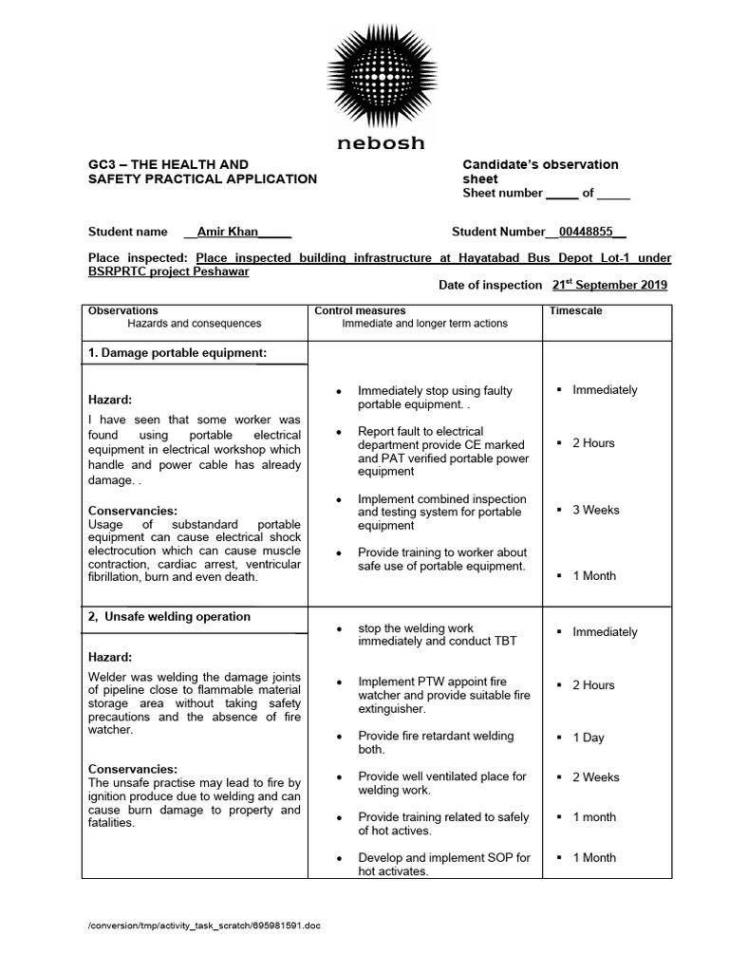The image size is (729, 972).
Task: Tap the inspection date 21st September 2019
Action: [x=609, y=285]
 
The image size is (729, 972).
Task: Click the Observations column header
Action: [x=122, y=310]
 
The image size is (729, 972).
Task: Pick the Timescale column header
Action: [x=575, y=310]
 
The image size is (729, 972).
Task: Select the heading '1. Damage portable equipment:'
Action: [x=177, y=353]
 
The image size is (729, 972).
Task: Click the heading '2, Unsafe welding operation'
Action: [x=169, y=616]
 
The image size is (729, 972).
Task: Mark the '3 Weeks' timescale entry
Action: [x=595, y=510]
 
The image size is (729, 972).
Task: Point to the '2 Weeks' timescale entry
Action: [x=595, y=777]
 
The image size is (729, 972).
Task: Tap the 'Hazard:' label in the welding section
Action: [x=110, y=657]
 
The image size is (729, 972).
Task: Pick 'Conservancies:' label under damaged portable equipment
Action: [x=132, y=511]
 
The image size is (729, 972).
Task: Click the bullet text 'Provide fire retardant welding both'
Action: [x=435, y=742]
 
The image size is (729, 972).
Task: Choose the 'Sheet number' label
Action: [x=502, y=193]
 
